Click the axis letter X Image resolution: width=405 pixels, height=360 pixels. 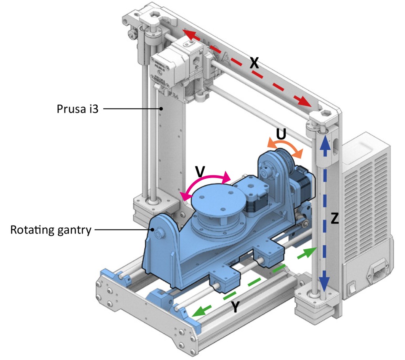(x=254, y=63)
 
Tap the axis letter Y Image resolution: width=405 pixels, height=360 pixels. (x=236, y=307)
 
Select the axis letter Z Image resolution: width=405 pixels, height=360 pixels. (x=335, y=220)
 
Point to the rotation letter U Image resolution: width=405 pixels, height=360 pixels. (x=281, y=135)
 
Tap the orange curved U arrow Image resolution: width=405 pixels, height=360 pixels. (x=285, y=146)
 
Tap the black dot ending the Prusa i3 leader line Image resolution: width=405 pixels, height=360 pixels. (x=161, y=108)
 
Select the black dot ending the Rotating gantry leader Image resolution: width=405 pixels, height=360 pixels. (x=151, y=229)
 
